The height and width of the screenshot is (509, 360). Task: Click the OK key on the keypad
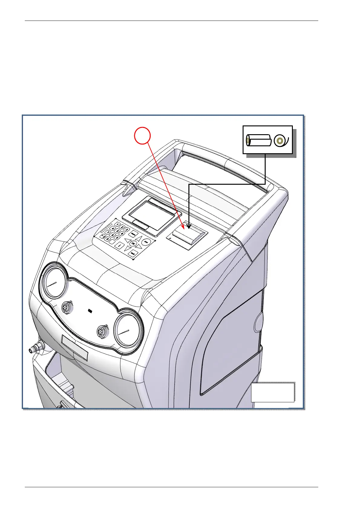point(133,243)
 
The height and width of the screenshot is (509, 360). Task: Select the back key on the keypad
point(132,254)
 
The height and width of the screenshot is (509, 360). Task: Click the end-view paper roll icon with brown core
point(280,140)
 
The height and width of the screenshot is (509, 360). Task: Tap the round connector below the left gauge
point(66,308)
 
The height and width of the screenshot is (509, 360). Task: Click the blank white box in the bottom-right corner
point(272,392)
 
